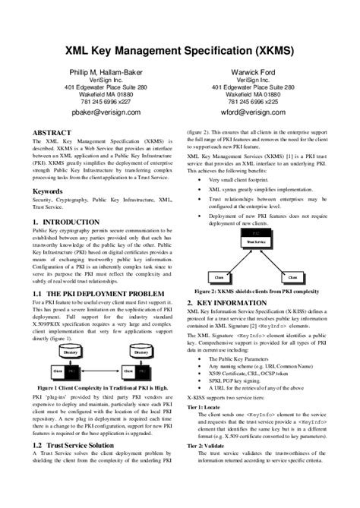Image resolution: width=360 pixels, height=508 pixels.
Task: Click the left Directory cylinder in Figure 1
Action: tap(71, 352)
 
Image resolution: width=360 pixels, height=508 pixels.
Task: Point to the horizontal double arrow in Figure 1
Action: tap(106, 372)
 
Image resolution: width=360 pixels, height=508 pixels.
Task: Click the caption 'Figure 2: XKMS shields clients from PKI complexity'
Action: tap(257, 291)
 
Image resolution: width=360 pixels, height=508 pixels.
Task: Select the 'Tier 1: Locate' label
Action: tap(205, 408)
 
